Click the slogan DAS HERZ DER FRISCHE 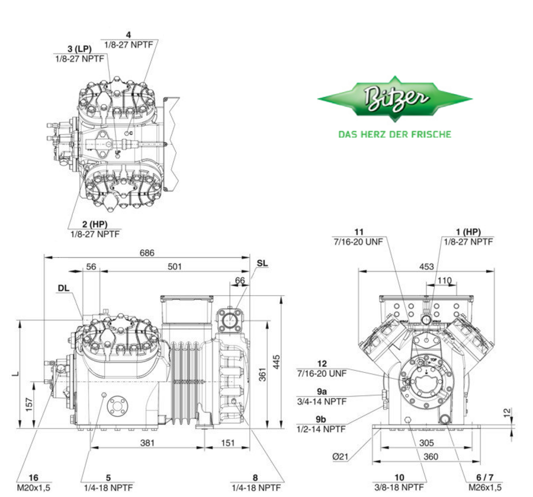click(x=394, y=134)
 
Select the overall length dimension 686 click(x=147, y=253)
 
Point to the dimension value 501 click(x=174, y=267)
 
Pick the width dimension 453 click(x=426, y=267)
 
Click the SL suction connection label click(x=262, y=262)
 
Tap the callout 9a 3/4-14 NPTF click(x=322, y=396)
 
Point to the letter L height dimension click(x=20, y=373)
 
